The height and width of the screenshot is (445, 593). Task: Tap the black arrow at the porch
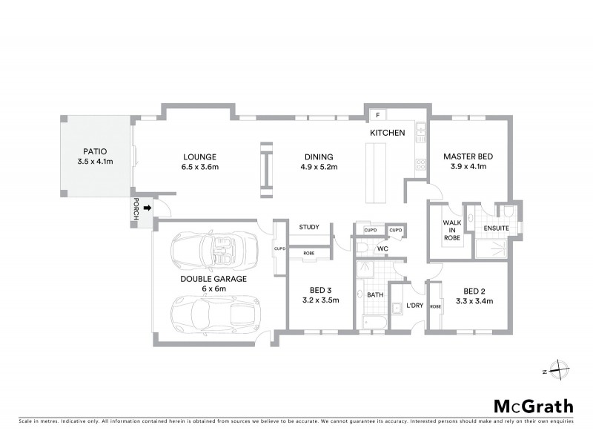coord(147,210)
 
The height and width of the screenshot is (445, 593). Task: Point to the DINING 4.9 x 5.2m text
coord(319,162)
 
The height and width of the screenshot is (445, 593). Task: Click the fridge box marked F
coord(377,116)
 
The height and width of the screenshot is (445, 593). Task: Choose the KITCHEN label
coord(388,133)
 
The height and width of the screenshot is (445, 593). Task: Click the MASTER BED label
coord(468,162)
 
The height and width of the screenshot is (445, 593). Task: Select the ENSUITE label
coord(496,228)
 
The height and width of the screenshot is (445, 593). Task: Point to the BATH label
coord(375,295)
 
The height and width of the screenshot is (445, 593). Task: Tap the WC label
coord(382,248)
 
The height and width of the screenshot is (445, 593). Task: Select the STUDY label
coord(309,227)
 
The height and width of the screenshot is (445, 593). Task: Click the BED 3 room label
coord(321,295)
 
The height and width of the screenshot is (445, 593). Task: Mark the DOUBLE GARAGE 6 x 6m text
coord(213,283)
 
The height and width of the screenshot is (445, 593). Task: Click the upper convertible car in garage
coord(213,251)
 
